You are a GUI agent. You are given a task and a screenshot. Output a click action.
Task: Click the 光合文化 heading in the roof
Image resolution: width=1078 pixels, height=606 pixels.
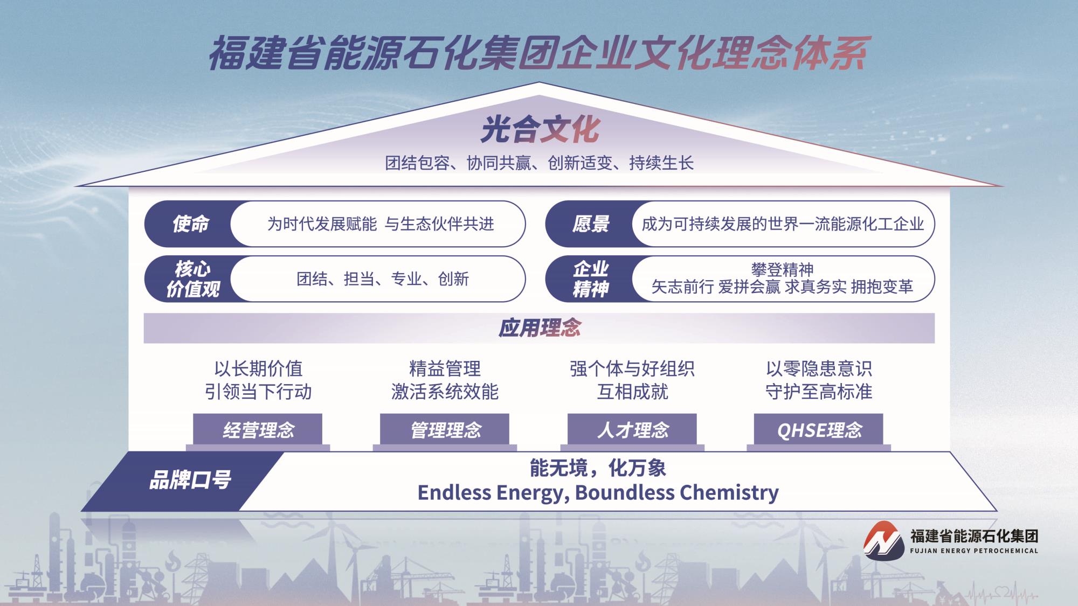(540, 130)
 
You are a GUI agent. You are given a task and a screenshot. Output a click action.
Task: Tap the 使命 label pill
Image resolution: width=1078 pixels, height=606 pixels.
(190, 224)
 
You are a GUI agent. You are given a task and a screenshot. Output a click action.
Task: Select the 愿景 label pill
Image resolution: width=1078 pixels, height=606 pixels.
(591, 224)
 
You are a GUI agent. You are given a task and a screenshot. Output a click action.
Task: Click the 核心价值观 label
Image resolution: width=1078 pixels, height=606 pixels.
(192, 279)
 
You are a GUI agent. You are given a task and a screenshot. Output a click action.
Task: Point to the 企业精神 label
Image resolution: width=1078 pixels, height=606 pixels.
(591, 279)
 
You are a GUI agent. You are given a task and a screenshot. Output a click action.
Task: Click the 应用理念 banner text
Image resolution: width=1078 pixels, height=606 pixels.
(539, 328)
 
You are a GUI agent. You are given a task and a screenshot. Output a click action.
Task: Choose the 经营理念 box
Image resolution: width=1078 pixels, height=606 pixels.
(258, 430)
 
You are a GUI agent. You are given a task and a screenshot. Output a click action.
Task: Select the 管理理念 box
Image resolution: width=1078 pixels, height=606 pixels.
(445, 430)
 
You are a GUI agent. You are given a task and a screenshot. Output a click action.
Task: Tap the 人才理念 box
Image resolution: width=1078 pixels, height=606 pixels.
(632, 430)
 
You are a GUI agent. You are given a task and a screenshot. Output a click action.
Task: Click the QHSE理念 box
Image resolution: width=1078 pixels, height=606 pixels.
(819, 430)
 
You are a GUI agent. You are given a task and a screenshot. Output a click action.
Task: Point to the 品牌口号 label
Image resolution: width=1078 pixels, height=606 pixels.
(190, 480)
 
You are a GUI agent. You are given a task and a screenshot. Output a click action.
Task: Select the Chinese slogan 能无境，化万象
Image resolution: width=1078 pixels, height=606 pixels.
(598, 468)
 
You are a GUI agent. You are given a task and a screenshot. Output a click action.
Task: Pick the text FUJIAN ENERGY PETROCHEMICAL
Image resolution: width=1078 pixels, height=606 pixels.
(973, 551)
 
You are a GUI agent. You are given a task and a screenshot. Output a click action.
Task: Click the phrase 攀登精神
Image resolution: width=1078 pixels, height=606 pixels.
(782, 269)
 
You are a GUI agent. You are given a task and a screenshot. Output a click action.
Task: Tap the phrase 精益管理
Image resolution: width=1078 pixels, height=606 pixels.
(445, 369)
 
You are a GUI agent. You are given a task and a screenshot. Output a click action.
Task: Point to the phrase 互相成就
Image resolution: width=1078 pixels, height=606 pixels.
(632, 392)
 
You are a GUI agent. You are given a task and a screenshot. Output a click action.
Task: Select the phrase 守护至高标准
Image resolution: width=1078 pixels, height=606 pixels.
(819, 392)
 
